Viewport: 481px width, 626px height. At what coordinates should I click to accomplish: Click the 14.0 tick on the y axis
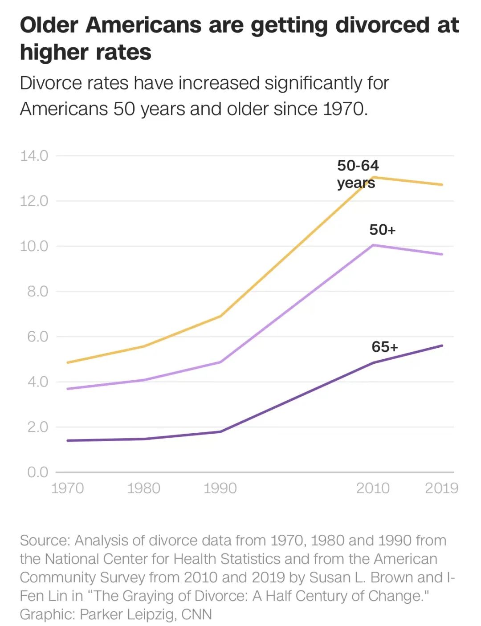[34, 156]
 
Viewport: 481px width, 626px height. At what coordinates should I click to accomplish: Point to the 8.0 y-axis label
[37, 292]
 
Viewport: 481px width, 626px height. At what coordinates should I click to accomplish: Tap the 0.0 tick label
[37, 472]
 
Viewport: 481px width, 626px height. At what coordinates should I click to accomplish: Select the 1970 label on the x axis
[67, 488]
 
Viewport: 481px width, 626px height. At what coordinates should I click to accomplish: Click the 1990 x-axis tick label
[220, 488]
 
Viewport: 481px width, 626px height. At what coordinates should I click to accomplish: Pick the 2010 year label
[373, 488]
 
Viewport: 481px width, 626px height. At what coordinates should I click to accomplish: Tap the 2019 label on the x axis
[441, 488]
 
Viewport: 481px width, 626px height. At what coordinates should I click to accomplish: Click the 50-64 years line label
[358, 174]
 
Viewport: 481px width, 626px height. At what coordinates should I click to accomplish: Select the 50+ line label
[382, 230]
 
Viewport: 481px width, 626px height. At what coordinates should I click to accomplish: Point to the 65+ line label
[385, 347]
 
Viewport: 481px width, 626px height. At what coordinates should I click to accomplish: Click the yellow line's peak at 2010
[373, 177]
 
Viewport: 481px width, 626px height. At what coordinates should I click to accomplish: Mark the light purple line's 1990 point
[220, 362]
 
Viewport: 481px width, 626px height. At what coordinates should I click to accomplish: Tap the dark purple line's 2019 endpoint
[442, 346]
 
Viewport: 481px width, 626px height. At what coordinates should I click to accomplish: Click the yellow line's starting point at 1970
[68, 362]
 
